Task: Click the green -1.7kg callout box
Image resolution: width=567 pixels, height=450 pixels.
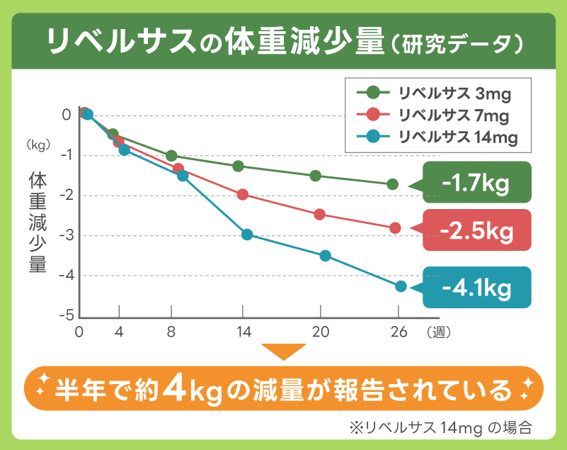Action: [x=476, y=183]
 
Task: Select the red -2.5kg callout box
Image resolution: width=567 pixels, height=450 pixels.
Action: [x=476, y=230]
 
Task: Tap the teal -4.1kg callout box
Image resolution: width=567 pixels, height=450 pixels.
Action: [x=476, y=287]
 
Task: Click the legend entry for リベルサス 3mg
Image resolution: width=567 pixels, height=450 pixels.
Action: [x=432, y=92]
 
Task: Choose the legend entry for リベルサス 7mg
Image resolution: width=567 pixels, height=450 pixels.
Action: [x=432, y=114]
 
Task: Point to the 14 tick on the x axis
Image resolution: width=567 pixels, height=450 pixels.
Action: [x=244, y=332]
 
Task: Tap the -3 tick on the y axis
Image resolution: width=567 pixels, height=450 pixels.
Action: [x=67, y=235]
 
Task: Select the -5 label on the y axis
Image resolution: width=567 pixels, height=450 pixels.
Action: [x=67, y=315]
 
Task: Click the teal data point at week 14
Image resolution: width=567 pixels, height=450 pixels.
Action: [x=247, y=235]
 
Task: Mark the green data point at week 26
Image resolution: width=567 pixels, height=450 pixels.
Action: [x=393, y=184]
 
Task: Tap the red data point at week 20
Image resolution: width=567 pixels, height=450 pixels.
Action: [x=319, y=214]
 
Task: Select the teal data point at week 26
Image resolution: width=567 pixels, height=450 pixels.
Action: [x=401, y=286]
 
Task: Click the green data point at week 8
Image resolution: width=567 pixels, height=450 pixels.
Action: [x=171, y=156]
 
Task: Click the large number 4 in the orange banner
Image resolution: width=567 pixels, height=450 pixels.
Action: [x=174, y=388]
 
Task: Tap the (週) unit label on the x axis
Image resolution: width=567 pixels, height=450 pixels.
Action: [x=439, y=332]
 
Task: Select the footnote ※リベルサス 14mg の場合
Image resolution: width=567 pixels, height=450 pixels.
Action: [x=439, y=428]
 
